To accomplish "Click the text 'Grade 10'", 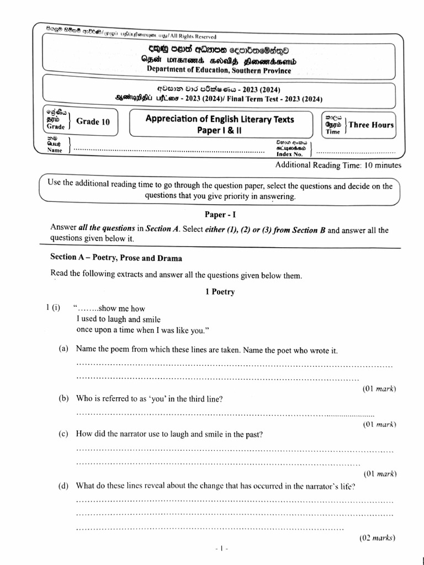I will point(93,122).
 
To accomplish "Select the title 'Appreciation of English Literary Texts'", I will point(219,119).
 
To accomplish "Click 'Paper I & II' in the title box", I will point(219,130).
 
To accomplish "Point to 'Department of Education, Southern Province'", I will point(219,70).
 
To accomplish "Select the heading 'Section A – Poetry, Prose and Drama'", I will point(116,257).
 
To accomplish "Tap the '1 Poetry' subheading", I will point(220,292).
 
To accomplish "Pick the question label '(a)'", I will point(64,350).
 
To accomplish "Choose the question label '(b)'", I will point(64,398).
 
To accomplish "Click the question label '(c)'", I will point(64,434).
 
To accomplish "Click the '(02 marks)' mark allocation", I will point(378,538).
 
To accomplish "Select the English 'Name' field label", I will point(55,150).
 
